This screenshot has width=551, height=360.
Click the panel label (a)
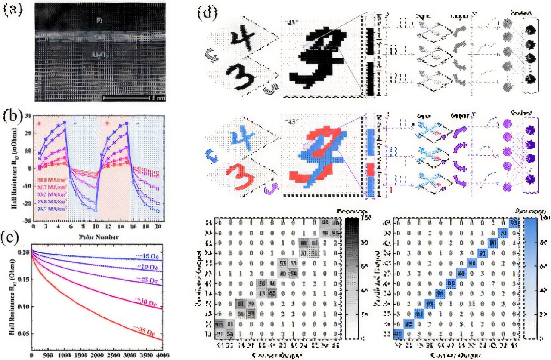pyautogui.click(x=13, y=10)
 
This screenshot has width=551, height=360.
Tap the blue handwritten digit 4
pyautogui.click(x=240, y=137)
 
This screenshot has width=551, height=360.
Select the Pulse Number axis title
pyautogui.click(x=99, y=237)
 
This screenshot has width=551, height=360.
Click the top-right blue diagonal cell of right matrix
pyautogui.click(x=513, y=222)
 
